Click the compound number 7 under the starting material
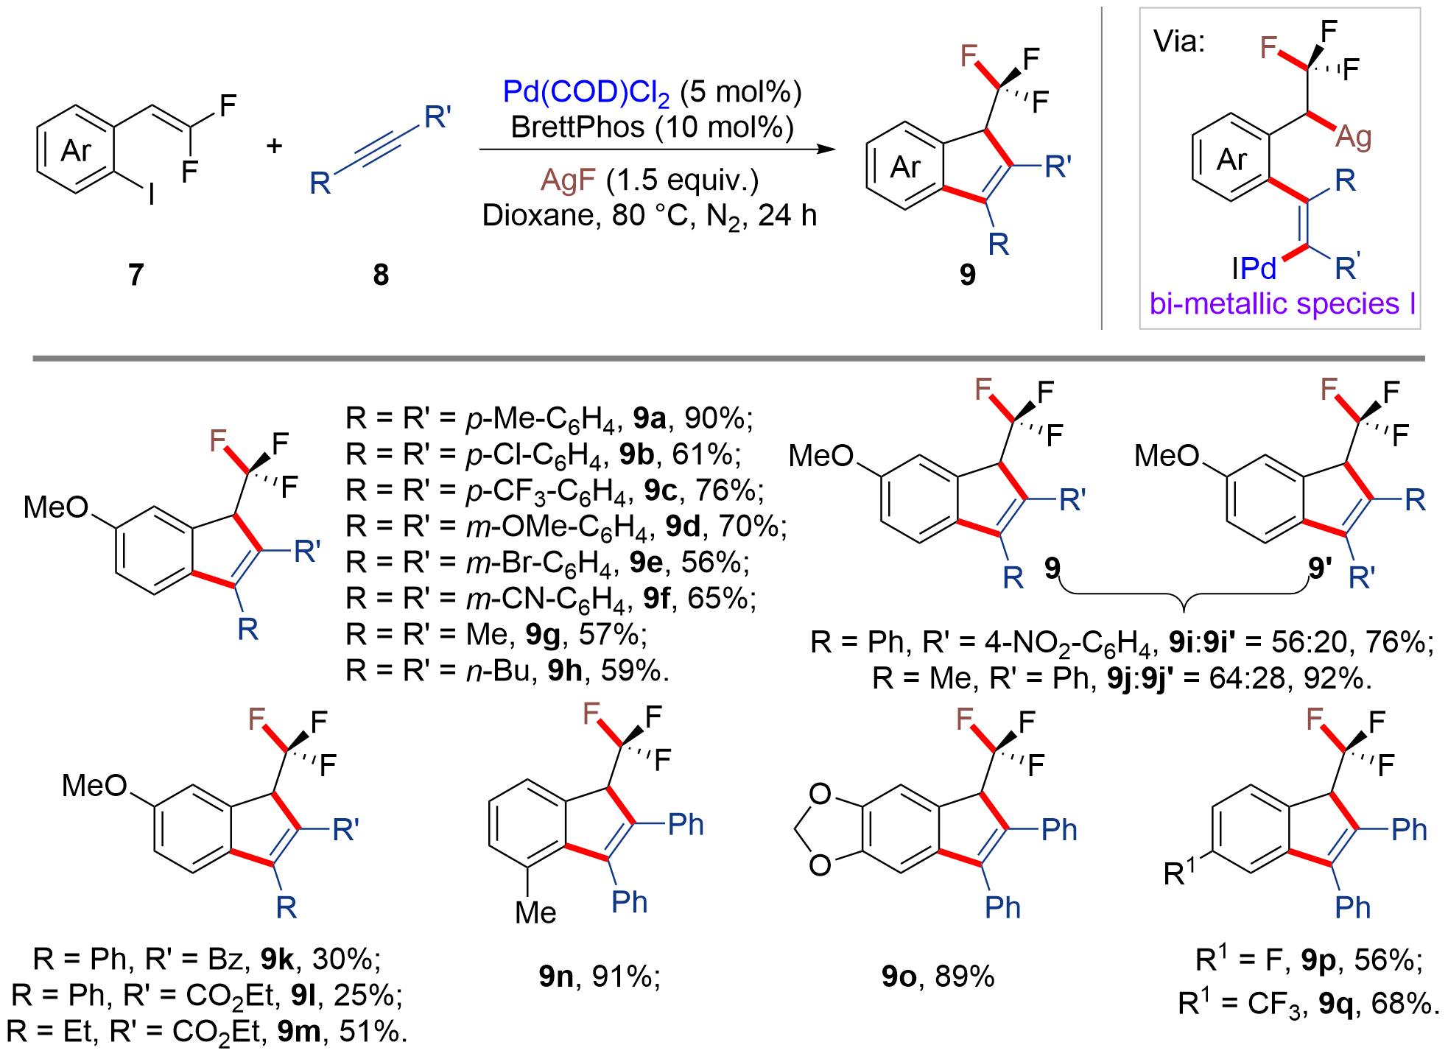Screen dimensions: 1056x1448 coord(136,275)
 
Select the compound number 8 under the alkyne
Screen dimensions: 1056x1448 coord(380,275)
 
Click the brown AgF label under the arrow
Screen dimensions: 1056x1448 coord(568,180)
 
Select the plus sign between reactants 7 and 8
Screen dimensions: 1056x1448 coord(274,146)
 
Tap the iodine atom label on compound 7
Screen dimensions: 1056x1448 coord(152,195)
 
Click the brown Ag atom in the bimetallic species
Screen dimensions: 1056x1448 coord(1353,137)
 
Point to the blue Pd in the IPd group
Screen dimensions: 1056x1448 coord(1259,269)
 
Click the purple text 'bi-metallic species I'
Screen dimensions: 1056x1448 coord(1282,303)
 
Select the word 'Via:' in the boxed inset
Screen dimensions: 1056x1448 coord(1178,41)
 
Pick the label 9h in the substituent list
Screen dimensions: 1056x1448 coord(564,671)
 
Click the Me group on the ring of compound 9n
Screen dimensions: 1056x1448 coord(535,913)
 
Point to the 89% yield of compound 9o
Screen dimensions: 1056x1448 coord(964,976)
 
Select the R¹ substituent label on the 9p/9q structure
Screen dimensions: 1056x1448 coord(1179,873)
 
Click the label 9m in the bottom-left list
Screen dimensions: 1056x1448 coord(298,1032)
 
